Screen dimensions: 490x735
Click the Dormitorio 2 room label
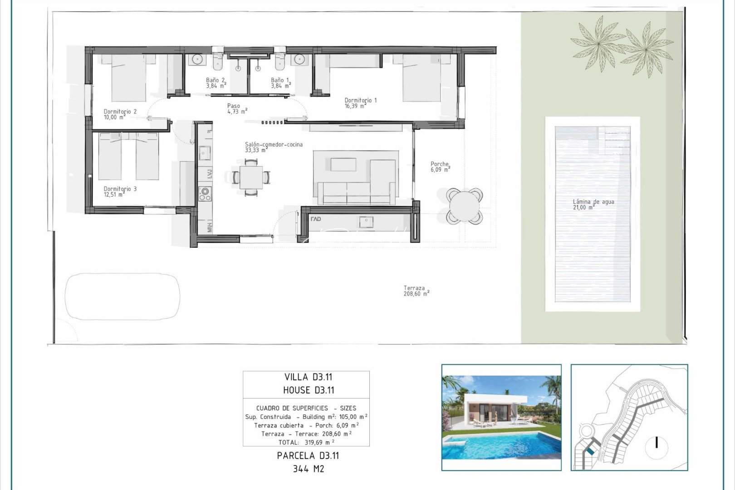tap(120, 114)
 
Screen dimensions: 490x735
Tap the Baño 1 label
tap(280, 83)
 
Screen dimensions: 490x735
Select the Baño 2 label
tap(216, 83)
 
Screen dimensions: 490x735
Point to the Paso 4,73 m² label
tap(237, 108)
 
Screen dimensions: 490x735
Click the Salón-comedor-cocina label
tap(273, 147)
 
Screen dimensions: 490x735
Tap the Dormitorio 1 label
tap(360, 103)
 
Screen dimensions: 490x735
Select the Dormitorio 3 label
tap(120, 191)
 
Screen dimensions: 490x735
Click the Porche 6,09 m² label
tap(440, 167)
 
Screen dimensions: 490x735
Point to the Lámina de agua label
tap(593, 204)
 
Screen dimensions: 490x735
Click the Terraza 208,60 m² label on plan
tap(416, 291)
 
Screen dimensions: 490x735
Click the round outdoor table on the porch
tap(464, 206)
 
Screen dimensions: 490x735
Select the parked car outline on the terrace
tap(122, 296)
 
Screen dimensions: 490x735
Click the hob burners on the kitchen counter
tap(205, 194)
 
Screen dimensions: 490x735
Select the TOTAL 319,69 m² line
tap(306, 442)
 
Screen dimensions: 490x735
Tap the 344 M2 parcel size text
tap(308, 469)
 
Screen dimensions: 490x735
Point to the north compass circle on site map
tap(656, 442)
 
